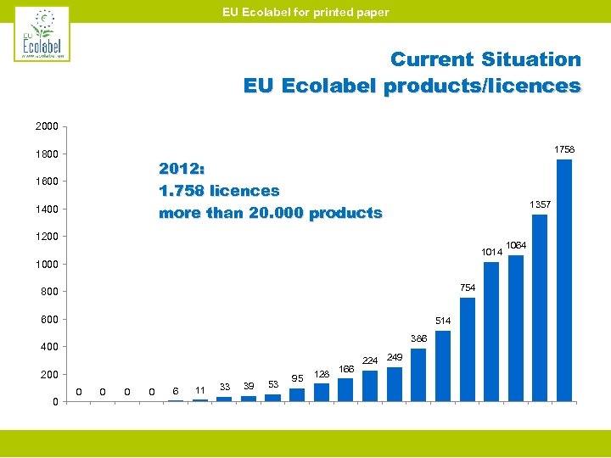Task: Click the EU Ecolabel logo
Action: pos(42,34)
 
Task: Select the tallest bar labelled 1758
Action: pos(563,280)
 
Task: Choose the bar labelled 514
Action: pos(442,366)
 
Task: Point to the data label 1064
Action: pos(515,246)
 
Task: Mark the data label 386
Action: pos(419,338)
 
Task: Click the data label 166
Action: pos(346,368)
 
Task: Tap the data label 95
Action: pos(298,377)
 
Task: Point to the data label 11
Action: pos(199,389)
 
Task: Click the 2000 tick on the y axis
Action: pos(47,126)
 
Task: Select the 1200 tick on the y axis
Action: pos(47,237)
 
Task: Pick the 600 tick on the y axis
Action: pos(48,319)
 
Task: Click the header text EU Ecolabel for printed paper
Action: pos(305,12)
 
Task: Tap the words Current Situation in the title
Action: pos(485,59)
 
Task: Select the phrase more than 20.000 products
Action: pos(270,213)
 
